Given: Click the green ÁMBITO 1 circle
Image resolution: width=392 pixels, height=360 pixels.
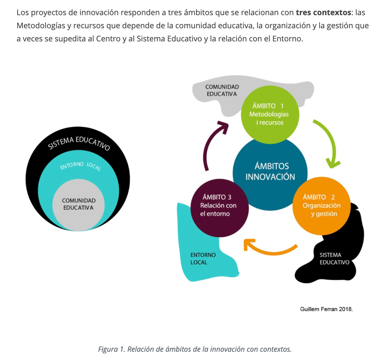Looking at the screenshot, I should click(269, 114).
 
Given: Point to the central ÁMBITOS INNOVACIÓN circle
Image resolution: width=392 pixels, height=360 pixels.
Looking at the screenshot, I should click(270, 171).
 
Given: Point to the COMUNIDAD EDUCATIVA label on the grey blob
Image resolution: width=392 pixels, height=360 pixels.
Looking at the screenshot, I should click(222, 90).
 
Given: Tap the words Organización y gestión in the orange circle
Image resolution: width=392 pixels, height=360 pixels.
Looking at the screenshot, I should click(321, 210).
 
